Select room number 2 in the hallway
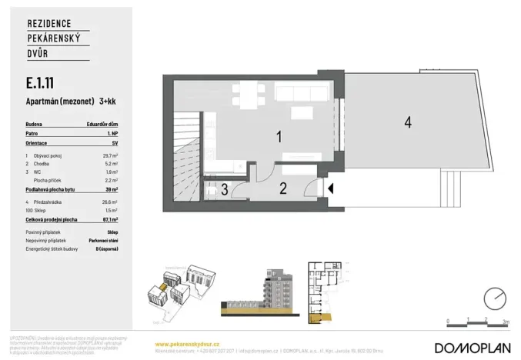[282, 187]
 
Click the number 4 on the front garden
[408, 122]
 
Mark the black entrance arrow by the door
[330, 188]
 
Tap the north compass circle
[496, 296]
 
